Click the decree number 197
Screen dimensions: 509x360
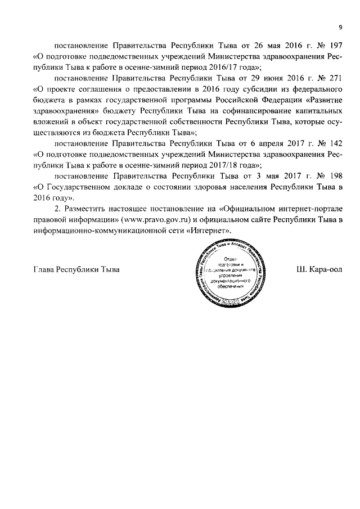coord(335,46)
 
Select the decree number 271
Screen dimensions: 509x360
coord(335,78)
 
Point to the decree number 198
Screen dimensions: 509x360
coord(335,176)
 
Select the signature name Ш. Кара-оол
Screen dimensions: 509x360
coord(319,269)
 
